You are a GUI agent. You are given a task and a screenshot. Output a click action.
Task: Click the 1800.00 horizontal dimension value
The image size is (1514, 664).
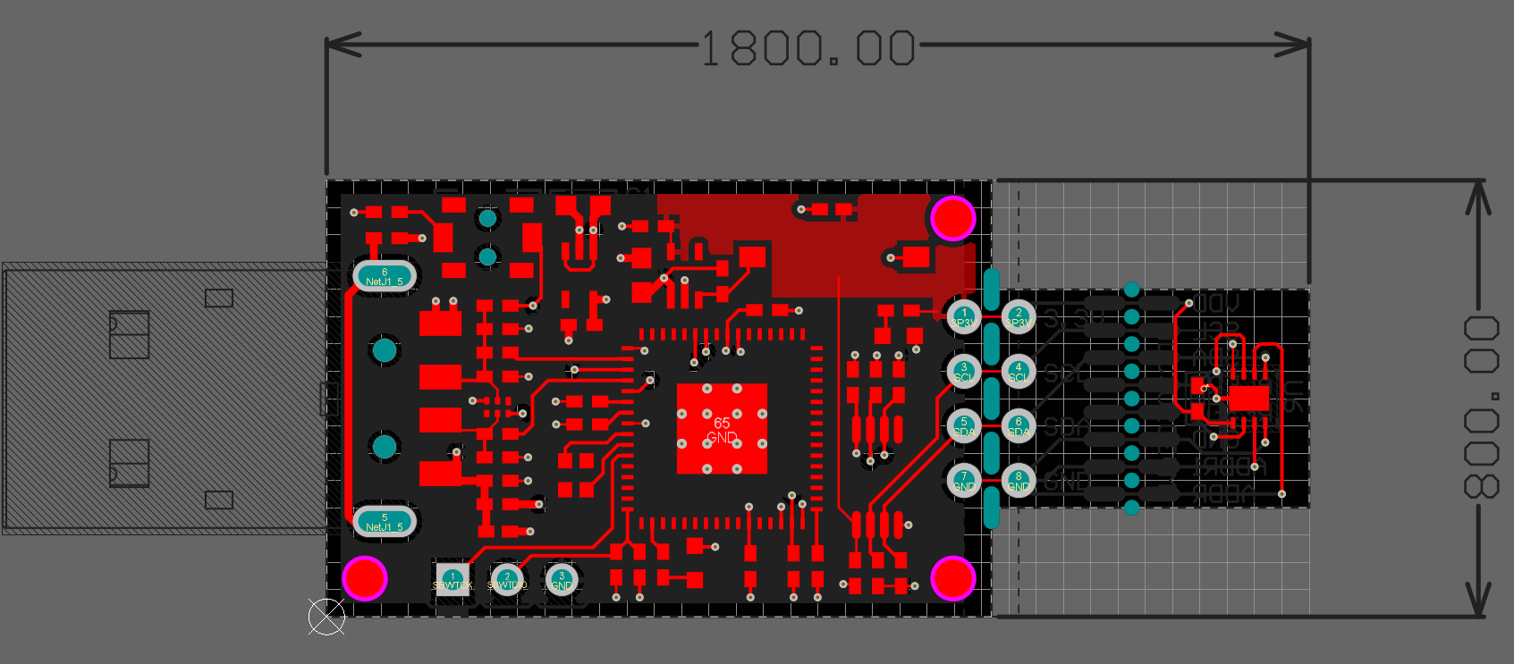pyautogui.click(x=808, y=48)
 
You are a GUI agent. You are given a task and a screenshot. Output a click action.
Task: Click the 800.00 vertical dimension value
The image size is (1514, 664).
pyautogui.click(x=1481, y=407)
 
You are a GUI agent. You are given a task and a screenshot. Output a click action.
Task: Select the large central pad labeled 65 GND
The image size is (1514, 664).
pyautogui.click(x=722, y=429)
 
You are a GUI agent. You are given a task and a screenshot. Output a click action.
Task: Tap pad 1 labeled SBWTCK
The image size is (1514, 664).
pyautogui.click(x=453, y=579)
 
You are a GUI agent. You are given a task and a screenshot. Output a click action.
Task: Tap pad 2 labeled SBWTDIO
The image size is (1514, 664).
pyautogui.click(x=507, y=580)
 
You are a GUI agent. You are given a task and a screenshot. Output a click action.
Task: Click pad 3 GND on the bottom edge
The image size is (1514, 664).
pyautogui.click(x=562, y=580)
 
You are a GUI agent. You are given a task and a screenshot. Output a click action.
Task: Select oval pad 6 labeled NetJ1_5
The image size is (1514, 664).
pyautogui.click(x=385, y=276)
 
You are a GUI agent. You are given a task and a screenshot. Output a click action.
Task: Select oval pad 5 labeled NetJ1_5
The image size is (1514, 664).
pyautogui.click(x=385, y=522)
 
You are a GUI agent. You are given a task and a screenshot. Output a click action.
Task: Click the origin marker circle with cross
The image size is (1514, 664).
pyautogui.click(x=326, y=617)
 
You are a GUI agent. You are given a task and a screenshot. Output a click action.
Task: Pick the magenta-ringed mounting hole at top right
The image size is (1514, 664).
pyautogui.click(x=953, y=218)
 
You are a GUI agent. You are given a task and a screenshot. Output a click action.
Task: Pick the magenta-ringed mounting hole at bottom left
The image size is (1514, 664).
pyautogui.click(x=365, y=577)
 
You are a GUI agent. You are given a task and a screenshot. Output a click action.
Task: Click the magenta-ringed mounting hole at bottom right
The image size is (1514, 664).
pyautogui.click(x=953, y=578)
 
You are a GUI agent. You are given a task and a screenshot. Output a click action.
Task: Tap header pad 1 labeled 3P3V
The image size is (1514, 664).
pyautogui.click(x=963, y=317)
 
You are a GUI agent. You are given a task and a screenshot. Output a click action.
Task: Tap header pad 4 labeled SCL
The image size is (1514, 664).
pyautogui.click(x=1018, y=372)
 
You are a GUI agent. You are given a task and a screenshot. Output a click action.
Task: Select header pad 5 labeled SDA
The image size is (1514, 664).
pyautogui.click(x=963, y=426)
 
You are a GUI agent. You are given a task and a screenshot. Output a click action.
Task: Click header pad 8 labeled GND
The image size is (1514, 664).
pyautogui.click(x=1018, y=481)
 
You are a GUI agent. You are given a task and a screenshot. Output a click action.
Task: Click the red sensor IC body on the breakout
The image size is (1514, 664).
pyautogui.click(x=1248, y=398)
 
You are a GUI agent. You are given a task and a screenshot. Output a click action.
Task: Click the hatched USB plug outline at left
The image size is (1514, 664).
pyautogui.click(x=161, y=399)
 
